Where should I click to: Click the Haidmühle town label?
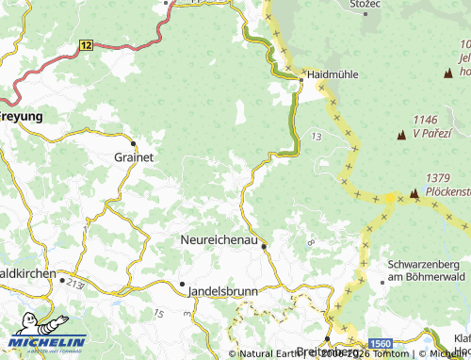point(332,75)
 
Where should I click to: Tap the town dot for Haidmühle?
point(303,75)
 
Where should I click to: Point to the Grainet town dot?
point(134,143)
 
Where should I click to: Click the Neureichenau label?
point(219,241)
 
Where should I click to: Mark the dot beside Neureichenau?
point(265,247)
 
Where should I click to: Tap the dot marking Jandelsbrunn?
point(182,283)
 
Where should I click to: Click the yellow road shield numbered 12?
point(87,44)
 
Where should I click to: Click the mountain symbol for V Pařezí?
point(403,135)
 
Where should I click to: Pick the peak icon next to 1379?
point(414,193)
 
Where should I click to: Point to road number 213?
point(75,282)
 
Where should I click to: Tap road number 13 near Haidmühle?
point(314,138)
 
